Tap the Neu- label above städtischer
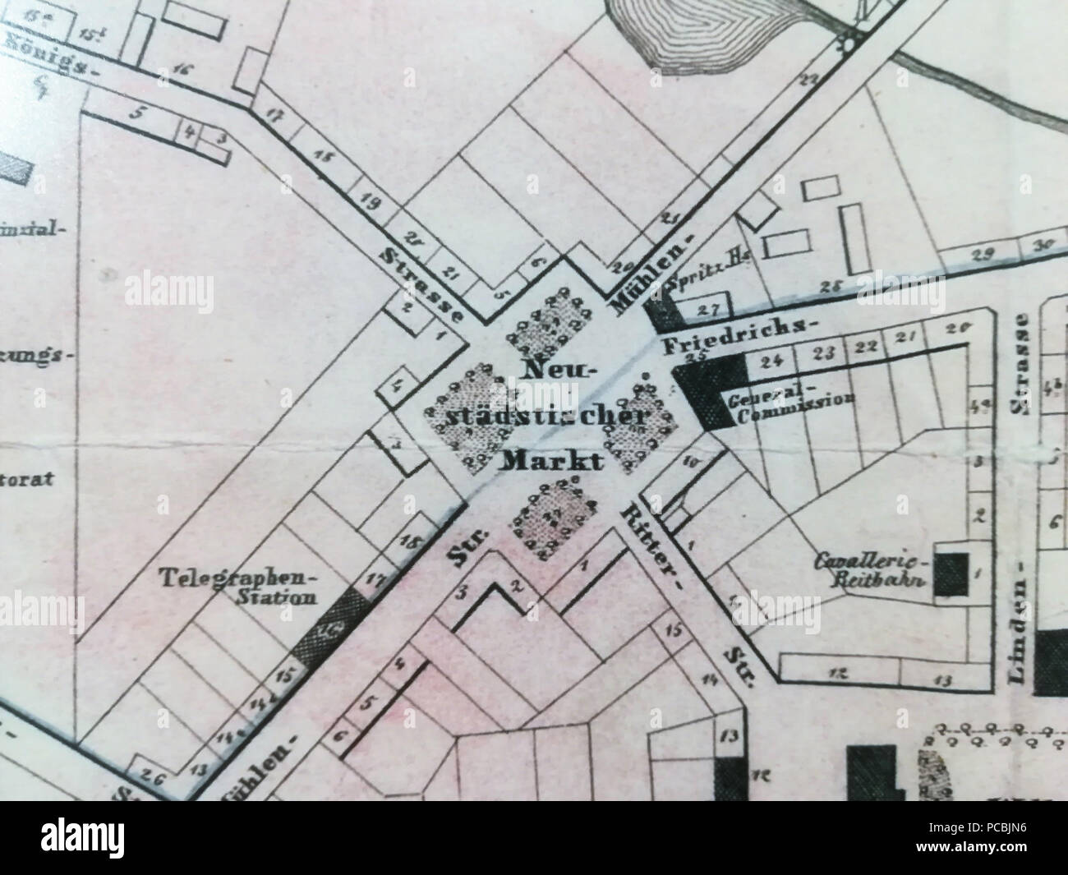(x=555, y=371)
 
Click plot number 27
(x=707, y=309)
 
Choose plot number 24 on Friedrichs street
(x=771, y=360)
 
